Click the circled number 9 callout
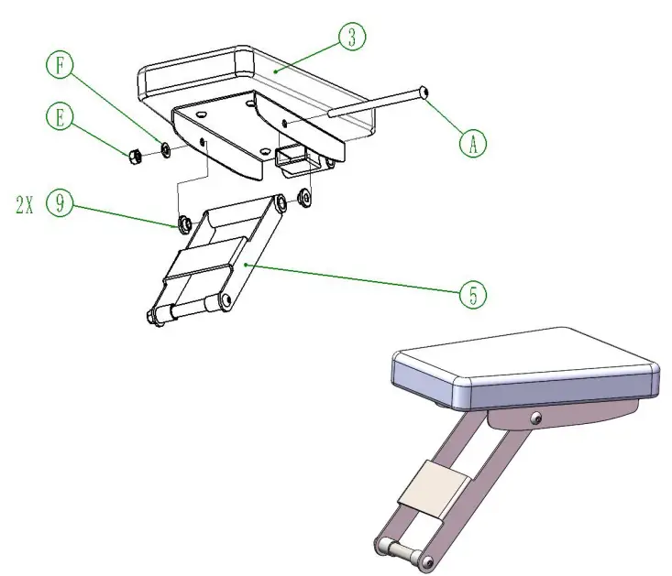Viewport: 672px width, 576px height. (x=60, y=204)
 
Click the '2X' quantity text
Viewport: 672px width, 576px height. (x=24, y=205)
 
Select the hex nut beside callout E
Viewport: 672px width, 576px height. (x=133, y=152)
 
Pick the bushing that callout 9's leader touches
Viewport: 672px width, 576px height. (x=184, y=223)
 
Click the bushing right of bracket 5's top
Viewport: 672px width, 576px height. (x=302, y=196)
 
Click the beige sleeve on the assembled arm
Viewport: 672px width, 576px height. (x=434, y=485)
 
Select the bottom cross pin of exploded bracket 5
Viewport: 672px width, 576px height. (x=188, y=309)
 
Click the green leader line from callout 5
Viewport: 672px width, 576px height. (x=358, y=280)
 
